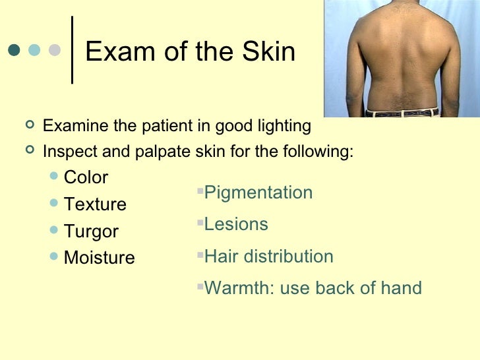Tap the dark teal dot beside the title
[14, 50]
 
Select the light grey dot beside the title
[55, 50]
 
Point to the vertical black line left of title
[71, 50]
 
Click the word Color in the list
[86, 177]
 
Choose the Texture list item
[95, 204]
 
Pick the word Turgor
[91, 231]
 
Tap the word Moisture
[99, 258]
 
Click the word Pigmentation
[258, 193]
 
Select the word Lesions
[236, 224]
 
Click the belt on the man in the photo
[402, 112]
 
